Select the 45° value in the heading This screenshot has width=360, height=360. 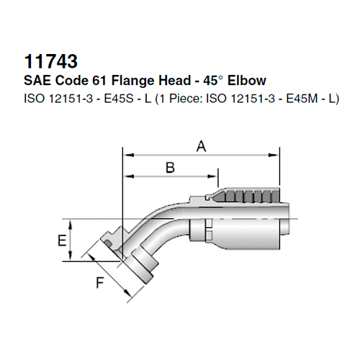(x=224, y=79)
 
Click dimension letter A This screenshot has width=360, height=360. (x=202, y=147)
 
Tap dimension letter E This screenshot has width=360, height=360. (x=61, y=240)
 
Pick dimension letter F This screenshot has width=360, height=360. (x=100, y=284)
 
